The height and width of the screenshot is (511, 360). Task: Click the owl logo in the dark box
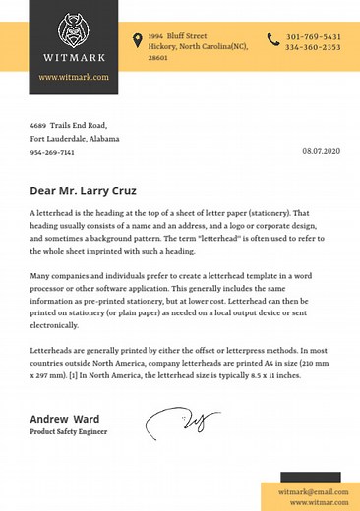coord(74,30)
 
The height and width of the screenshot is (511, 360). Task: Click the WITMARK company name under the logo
coord(74,57)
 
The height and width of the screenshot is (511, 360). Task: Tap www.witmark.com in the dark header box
coord(74,77)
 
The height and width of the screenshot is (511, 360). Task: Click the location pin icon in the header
coord(138,40)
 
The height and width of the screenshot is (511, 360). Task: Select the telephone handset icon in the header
coord(272,40)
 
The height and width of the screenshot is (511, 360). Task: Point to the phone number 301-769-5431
coord(314,36)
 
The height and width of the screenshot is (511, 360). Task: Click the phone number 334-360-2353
coord(314,47)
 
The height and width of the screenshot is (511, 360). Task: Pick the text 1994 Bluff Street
coord(178,35)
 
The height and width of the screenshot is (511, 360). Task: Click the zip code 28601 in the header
coord(158,58)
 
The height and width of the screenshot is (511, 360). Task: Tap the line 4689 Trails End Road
coord(68,126)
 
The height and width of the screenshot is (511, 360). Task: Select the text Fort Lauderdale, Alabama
coord(75,140)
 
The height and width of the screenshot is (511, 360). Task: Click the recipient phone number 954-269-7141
coord(52,153)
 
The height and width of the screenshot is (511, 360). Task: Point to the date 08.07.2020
coord(321,151)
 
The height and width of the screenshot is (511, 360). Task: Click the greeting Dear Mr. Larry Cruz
coord(83,191)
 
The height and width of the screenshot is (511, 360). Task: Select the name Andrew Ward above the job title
coord(65,419)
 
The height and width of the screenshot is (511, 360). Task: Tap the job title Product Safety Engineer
coord(69,432)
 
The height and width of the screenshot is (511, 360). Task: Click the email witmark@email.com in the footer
coord(314,491)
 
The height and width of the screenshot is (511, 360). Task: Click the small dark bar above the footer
coord(311,477)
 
